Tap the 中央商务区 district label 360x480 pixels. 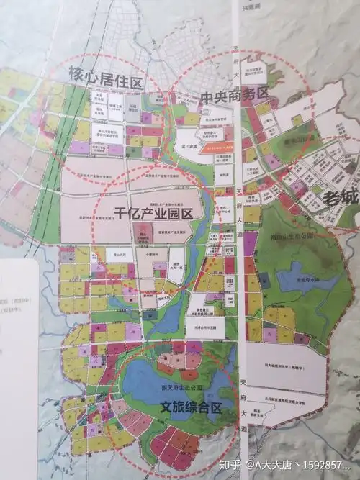tap(224, 94)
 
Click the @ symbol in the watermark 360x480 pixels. tap(251, 464)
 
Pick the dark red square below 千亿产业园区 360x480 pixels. tap(140, 232)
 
